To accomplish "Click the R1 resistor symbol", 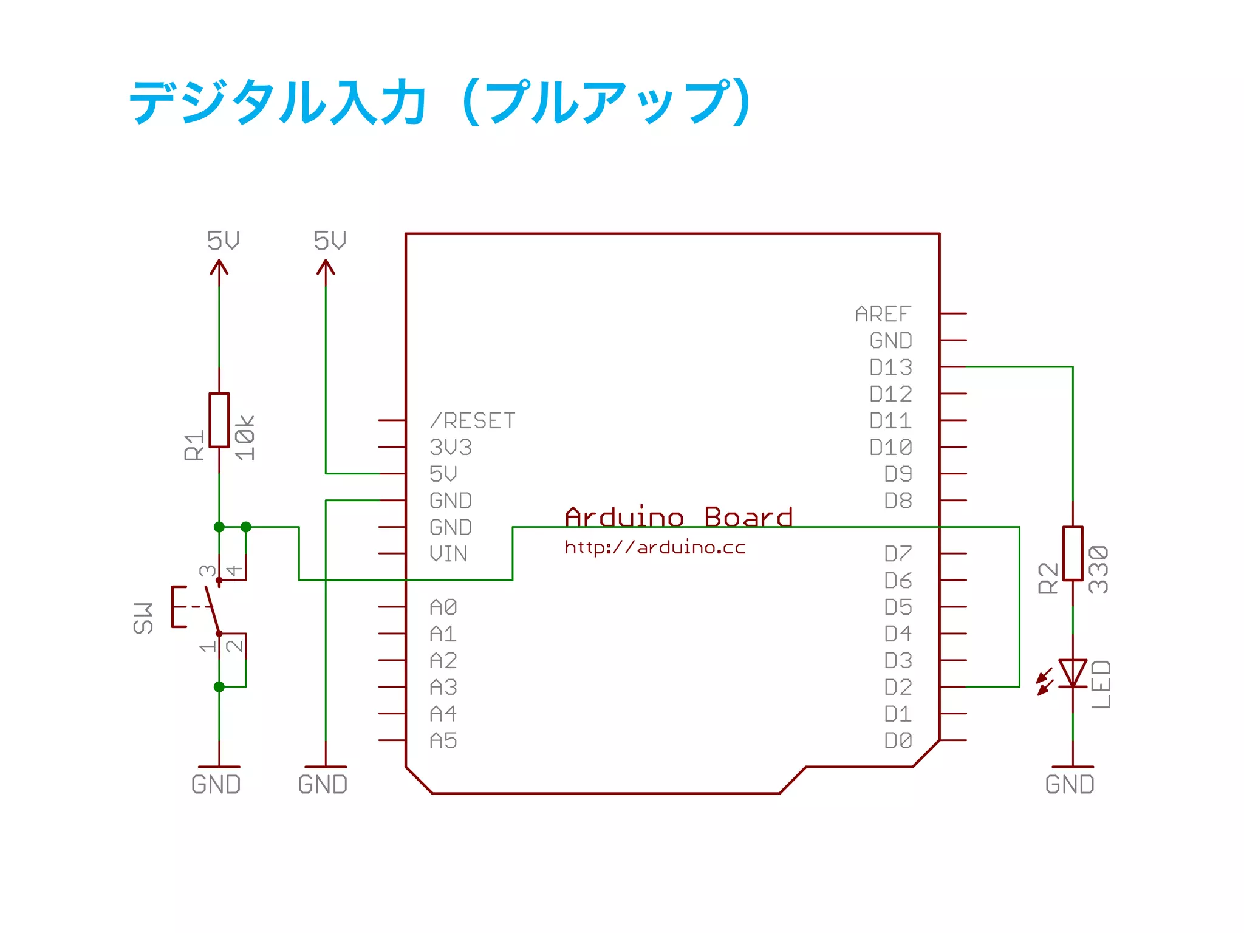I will tap(219, 420).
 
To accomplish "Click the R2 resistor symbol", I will tap(1073, 553).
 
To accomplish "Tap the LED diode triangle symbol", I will tap(1073, 673).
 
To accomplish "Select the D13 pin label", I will tap(890, 367).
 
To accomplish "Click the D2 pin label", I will tap(898, 687).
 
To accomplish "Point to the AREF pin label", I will tap(883, 314).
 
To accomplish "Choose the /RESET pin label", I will tap(472, 420).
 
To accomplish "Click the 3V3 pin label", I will tap(450, 447).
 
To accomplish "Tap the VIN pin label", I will tap(448, 554).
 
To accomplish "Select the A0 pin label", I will tap(443, 607).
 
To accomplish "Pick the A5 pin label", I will tap(443, 740).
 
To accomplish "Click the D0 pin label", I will tap(898, 740).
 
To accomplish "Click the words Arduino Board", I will tap(678, 518).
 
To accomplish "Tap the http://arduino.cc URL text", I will tap(655, 548).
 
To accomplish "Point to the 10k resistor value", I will tap(245, 437).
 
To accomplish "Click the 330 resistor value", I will tap(1098, 569).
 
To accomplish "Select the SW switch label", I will tap(143, 618).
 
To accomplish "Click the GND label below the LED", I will tap(1070, 784).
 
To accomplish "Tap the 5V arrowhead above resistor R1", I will tap(219, 267).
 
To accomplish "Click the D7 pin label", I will tap(898, 554).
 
